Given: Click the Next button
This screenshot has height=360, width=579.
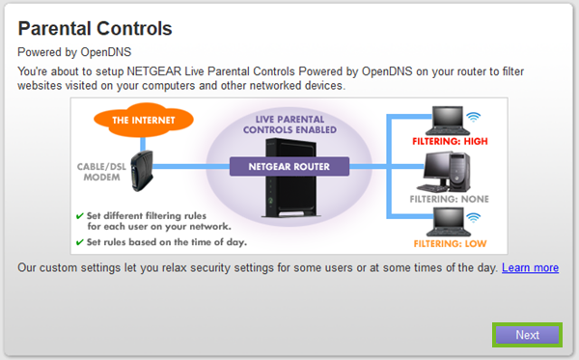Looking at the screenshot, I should pyautogui.click(x=527, y=335).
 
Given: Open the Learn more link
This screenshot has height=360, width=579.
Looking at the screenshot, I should pyautogui.click(x=530, y=267).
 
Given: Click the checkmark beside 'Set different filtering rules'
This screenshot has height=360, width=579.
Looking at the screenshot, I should pyautogui.click(x=80, y=216).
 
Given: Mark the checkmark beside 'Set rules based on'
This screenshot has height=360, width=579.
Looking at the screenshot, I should pyautogui.click(x=80, y=241).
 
